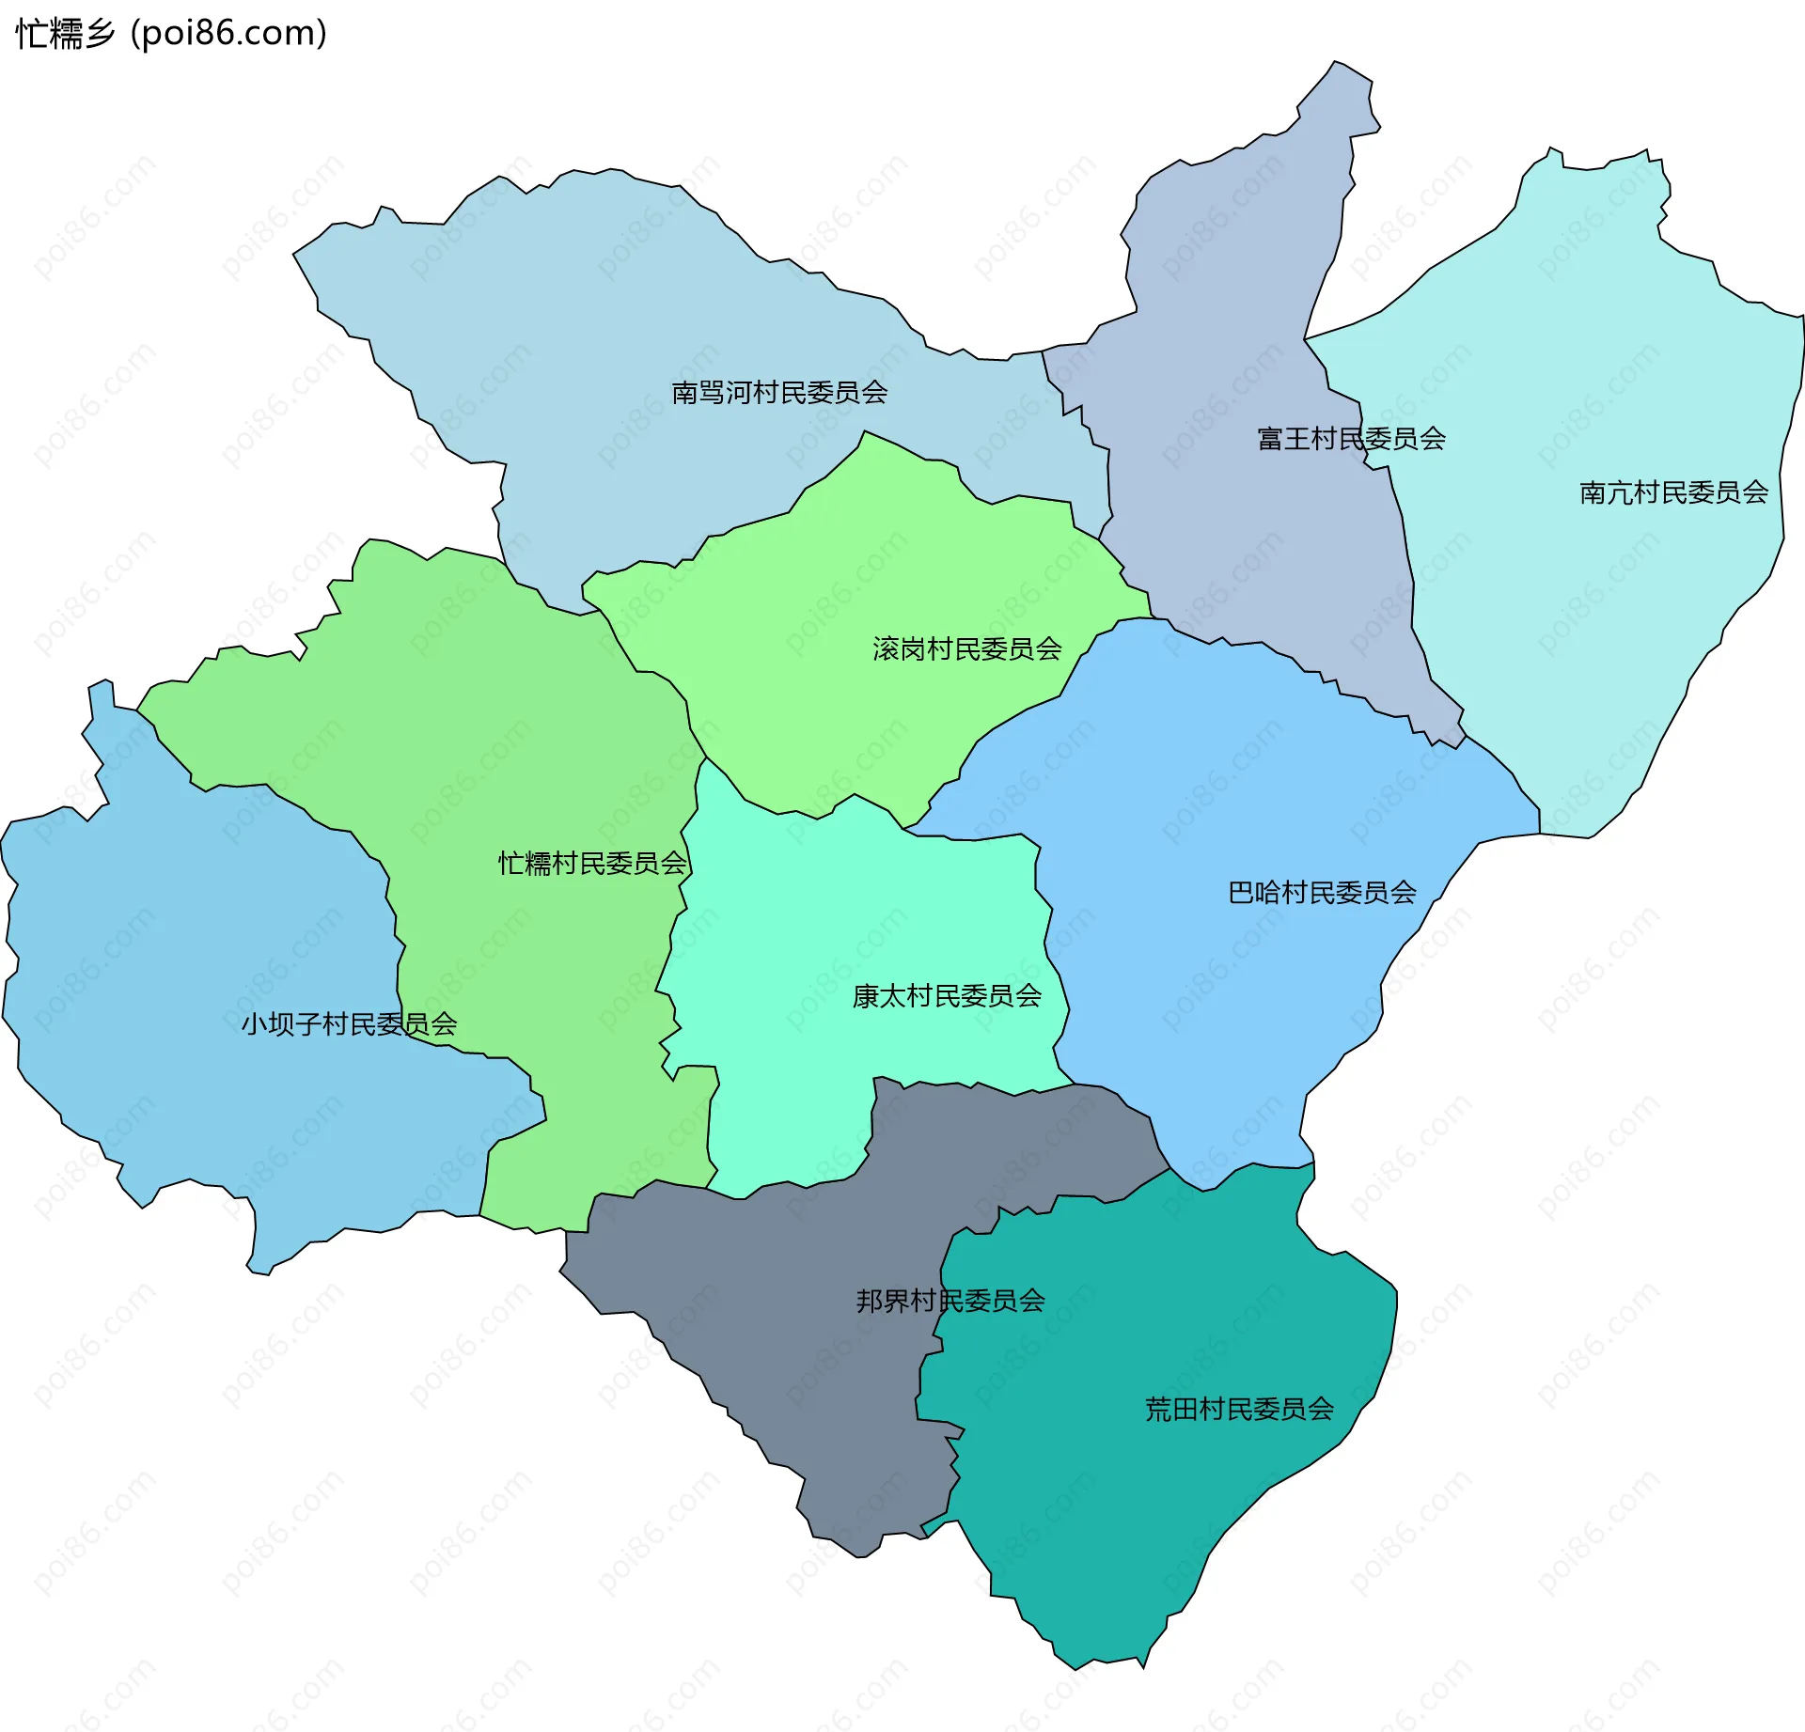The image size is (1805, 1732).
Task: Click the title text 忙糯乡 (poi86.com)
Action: click(x=171, y=34)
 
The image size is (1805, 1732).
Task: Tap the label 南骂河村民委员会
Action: click(x=779, y=393)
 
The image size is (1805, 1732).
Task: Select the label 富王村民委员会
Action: click(x=1351, y=439)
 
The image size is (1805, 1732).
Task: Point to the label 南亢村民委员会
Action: click(x=1673, y=492)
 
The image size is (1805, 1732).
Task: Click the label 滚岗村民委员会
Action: click(x=966, y=648)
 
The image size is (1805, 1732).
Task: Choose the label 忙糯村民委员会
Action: click(x=592, y=863)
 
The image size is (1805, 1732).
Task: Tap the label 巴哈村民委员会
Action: click(x=1322, y=892)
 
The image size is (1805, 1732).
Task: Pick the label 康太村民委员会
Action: click(x=947, y=996)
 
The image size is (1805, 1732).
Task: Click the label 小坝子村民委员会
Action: click(x=349, y=1023)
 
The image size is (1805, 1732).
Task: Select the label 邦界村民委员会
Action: click(x=950, y=1301)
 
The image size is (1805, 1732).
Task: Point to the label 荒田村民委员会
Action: click(x=1239, y=1409)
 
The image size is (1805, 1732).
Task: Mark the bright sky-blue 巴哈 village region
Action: click(x=1222, y=799)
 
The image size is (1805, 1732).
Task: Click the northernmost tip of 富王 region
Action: click(x=1337, y=64)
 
